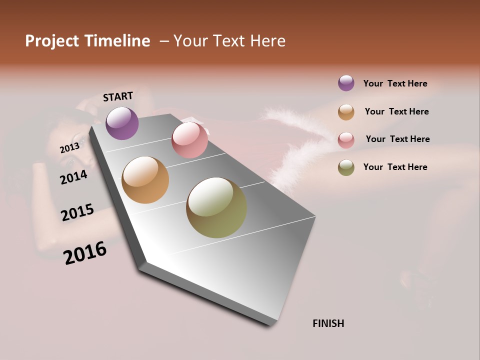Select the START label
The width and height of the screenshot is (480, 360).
click(x=118, y=96)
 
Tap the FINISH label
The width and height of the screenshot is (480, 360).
click(x=328, y=323)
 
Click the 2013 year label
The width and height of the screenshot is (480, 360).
click(x=69, y=148)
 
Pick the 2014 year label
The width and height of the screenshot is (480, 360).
click(x=73, y=177)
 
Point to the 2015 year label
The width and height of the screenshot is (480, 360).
click(x=77, y=212)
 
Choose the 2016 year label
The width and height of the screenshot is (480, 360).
click(x=85, y=253)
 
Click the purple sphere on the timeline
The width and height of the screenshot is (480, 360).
click(x=122, y=123)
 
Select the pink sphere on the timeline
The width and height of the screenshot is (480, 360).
click(x=189, y=140)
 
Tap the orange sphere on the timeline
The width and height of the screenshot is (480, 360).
click(x=145, y=180)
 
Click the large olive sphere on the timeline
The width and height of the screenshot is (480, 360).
click(x=216, y=207)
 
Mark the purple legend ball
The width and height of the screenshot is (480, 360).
click(x=346, y=83)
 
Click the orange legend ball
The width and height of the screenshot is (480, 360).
click(x=346, y=112)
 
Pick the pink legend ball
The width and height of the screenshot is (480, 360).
click(x=346, y=140)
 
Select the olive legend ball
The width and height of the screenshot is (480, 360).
click(x=346, y=167)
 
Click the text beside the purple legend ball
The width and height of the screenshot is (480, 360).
click(x=395, y=83)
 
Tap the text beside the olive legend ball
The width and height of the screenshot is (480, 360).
click(x=395, y=167)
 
